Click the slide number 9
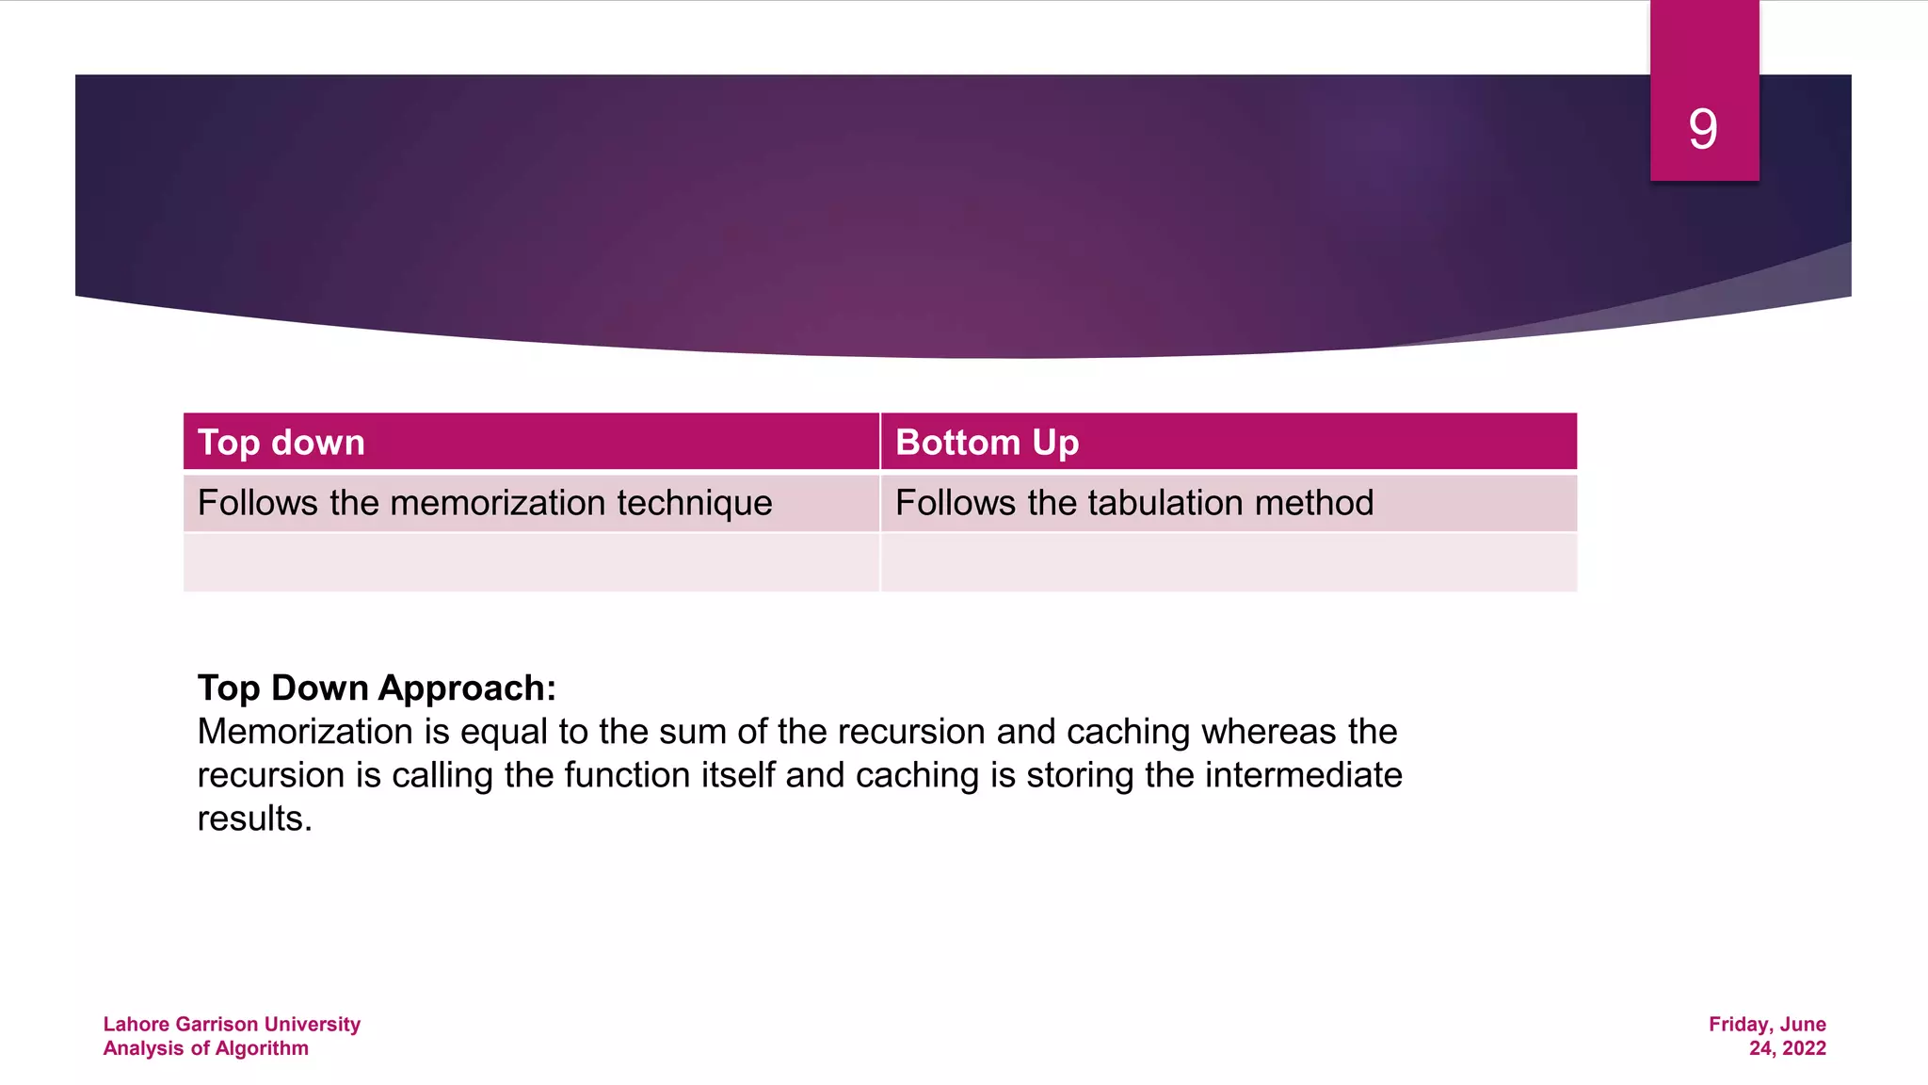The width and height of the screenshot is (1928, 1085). pos(1703,129)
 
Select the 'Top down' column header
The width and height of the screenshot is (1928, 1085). pos(281,443)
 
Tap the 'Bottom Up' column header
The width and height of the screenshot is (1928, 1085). pos(987,443)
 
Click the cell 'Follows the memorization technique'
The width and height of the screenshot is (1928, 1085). pos(485,503)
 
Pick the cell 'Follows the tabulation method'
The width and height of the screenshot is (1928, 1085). pos(1133,503)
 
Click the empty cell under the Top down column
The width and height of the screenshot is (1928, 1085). pos(531,562)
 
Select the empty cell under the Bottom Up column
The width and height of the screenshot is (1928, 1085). pos(1229,562)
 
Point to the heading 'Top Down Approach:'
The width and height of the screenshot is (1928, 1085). pos(377,688)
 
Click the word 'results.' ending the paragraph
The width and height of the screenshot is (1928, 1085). pos(254,818)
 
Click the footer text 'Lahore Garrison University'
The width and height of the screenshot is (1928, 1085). pos(232,1024)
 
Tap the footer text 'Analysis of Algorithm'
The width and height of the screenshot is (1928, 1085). pos(205,1048)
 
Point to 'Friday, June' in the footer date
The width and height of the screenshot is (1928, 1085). pos(1767,1024)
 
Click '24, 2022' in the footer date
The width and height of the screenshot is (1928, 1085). pos(1787,1048)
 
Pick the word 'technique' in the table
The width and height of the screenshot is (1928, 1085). pos(695,503)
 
